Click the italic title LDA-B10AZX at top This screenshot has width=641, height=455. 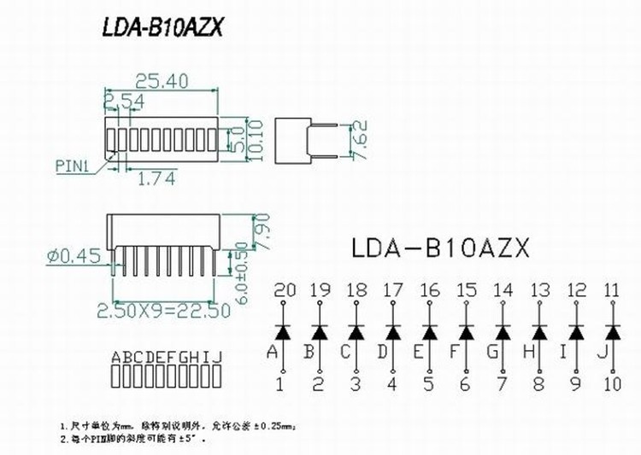[x=162, y=29]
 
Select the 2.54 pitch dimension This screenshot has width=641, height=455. [x=124, y=102]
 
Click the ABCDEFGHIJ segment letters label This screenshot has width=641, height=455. [x=168, y=357]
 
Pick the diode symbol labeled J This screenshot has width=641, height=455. [x=612, y=330]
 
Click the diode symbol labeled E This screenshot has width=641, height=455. [x=430, y=330]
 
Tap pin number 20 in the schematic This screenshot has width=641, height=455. [x=284, y=290]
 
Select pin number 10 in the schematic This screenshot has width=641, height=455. [x=612, y=384]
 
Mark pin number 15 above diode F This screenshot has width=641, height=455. [x=466, y=290]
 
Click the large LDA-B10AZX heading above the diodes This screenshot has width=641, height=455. [x=441, y=248]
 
